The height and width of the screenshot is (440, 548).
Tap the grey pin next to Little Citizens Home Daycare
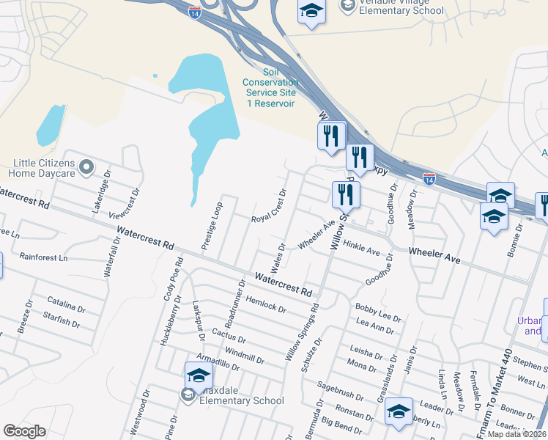86,168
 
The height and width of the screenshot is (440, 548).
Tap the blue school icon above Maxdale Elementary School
199,376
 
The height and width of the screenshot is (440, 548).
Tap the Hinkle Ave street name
361,248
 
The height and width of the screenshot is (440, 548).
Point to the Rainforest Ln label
43,257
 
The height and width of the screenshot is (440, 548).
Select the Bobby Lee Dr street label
378,313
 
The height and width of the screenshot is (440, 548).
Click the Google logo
24,431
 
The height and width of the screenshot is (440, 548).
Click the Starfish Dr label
62,320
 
